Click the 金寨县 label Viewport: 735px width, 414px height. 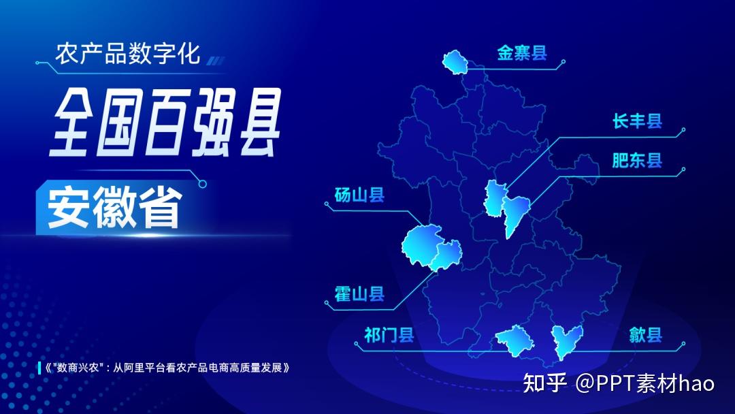pos(522,53)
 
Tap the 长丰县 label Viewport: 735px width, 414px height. pos(637,121)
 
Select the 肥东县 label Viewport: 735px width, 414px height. pos(637,160)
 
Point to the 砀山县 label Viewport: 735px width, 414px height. pos(359,195)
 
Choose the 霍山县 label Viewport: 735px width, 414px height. pos(359,294)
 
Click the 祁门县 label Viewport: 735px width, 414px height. pos(389,335)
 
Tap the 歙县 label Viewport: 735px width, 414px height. pos(645,335)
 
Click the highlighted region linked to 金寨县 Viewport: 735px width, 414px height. pos(455,63)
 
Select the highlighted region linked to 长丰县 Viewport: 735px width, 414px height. pos(495,198)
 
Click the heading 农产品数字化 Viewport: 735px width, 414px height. pos(127,53)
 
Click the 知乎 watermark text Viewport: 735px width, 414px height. pos(544,383)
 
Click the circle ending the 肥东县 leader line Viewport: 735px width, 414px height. pos(683,170)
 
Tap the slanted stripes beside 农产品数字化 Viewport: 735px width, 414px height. pos(216,61)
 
